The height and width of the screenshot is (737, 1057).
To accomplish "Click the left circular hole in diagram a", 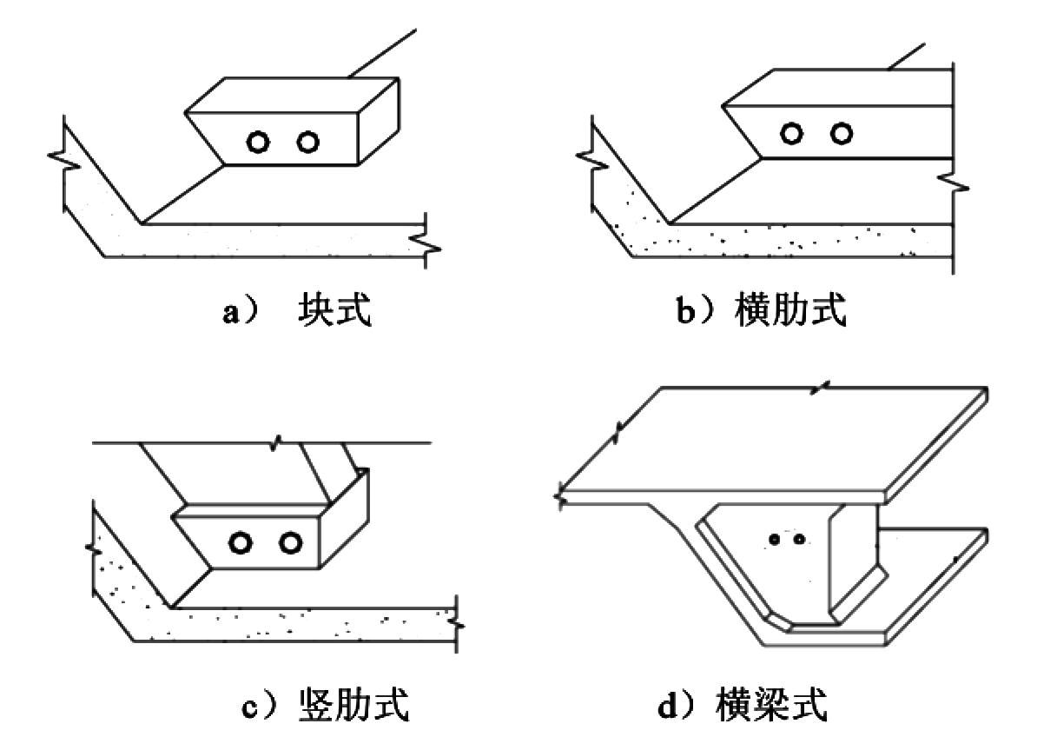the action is click(258, 143).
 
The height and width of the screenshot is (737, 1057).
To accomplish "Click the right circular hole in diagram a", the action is click(308, 143).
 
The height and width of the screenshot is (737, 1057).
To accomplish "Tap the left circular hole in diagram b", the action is click(792, 134).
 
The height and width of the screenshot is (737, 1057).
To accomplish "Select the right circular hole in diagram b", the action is click(842, 134).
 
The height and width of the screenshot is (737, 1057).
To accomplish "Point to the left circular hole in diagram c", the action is click(241, 543).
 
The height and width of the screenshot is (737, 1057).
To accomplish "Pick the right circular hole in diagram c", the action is click(291, 543).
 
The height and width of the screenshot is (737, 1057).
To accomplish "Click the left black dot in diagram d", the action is click(775, 539).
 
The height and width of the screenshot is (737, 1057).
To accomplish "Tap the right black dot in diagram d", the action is click(799, 539).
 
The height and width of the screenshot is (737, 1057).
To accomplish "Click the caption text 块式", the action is click(334, 309).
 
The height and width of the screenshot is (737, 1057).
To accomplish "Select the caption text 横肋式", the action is click(791, 309).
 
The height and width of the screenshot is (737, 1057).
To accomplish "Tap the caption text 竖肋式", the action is click(353, 705).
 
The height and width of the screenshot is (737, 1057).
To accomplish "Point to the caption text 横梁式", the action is click(771, 705).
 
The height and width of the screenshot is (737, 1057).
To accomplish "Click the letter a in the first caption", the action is click(230, 313).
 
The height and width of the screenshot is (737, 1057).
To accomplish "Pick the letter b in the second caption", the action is click(685, 310).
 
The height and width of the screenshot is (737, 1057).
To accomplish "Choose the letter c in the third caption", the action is click(249, 708).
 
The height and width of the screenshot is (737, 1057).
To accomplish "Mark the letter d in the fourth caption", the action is click(667, 706).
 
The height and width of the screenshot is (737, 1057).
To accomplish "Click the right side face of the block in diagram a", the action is click(379, 122).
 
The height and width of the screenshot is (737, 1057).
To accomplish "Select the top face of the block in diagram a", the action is click(292, 96).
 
